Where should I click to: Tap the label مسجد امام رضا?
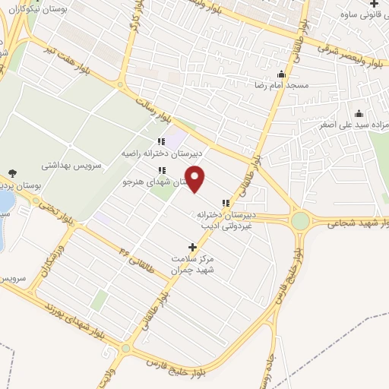pyautogui.click(x=282, y=86)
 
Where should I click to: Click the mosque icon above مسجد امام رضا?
pyautogui.click(x=282, y=74)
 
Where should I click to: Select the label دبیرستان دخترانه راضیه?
pyautogui.click(x=160, y=153)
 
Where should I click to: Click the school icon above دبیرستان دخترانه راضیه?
pyautogui.click(x=160, y=141)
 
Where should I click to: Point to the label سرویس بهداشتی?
pyautogui.click(x=65, y=163)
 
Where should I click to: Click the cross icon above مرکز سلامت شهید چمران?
pyautogui.click(x=192, y=247)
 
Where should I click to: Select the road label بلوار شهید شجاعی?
pyautogui.click(x=357, y=224)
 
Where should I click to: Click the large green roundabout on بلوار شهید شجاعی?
pyautogui.click(x=301, y=221)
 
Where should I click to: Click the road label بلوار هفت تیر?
pyautogui.click(x=84, y=63)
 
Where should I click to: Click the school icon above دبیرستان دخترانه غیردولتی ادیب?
pyautogui.click(x=225, y=203)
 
